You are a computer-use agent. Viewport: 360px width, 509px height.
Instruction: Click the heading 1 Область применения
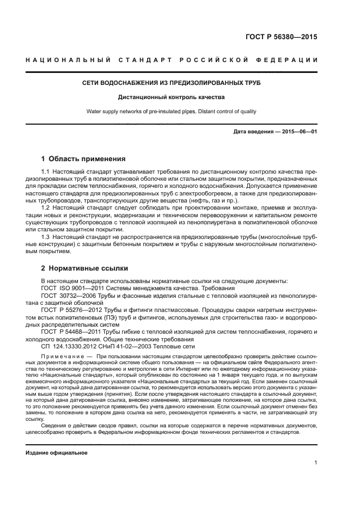(83, 160)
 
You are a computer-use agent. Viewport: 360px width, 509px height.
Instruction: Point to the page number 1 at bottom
(315, 463)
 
